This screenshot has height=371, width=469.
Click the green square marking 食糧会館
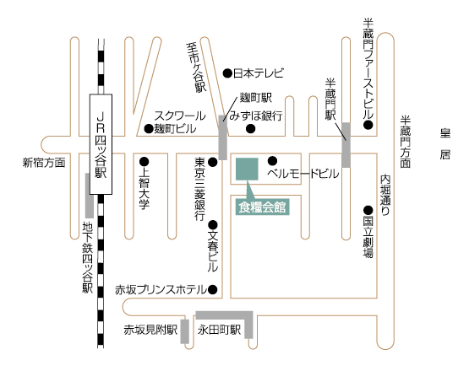(x=247, y=169)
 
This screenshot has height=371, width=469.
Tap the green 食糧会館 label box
(x=263, y=207)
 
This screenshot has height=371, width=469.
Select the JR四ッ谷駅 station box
(x=101, y=144)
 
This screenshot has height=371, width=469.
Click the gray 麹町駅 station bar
(x=223, y=137)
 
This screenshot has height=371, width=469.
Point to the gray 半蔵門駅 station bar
(x=346, y=145)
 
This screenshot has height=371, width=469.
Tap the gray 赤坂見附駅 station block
(x=185, y=331)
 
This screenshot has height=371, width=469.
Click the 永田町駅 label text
(x=219, y=331)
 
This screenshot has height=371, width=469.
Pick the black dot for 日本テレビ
(x=227, y=73)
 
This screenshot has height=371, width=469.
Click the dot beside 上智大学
(x=145, y=162)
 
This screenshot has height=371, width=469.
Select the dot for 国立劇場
(x=368, y=211)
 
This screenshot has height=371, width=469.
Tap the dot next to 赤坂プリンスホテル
(x=213, y=289)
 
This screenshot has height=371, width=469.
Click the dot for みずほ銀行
(x=251, y=129)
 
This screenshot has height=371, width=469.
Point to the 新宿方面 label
(x=44, y=163)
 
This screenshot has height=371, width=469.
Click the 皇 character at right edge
(x=445, y=133)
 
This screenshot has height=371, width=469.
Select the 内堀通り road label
(x=385, y=195)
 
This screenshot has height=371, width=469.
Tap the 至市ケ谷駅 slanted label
(x=196, y=67)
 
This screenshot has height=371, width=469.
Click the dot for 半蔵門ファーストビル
(x=368, y=125)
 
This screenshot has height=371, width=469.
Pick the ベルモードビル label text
(x=303, y=174)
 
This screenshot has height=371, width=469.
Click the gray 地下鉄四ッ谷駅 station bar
(x=90, y=196)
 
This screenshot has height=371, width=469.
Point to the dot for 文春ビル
(x=213, y=224)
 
